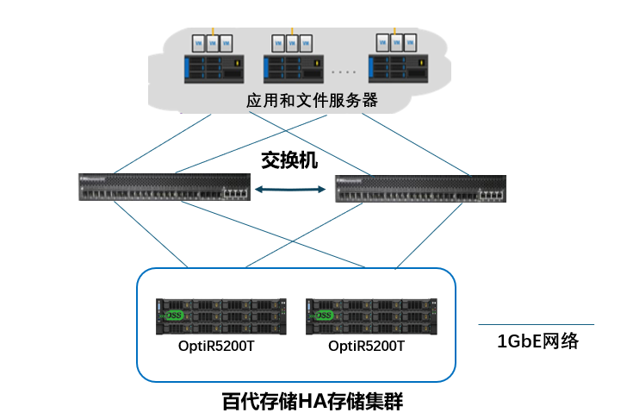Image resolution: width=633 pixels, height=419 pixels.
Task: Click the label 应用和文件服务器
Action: click(312, 100)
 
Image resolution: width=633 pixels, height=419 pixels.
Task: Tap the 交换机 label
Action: click(289, 159)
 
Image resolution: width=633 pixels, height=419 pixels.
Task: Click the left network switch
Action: click(164, 187)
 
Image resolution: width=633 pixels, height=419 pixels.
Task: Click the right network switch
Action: click(420, 187)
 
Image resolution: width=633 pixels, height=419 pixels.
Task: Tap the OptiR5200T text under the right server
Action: click(366, 346)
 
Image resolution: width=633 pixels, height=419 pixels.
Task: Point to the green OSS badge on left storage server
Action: click(176, 316)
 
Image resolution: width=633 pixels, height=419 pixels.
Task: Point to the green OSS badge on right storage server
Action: click(325, 316)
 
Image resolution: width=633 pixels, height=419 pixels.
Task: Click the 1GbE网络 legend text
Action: click(537, 341)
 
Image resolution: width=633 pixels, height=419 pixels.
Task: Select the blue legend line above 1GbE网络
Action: click(536, 325)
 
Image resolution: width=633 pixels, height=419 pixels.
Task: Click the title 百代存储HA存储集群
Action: click(313, 402)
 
